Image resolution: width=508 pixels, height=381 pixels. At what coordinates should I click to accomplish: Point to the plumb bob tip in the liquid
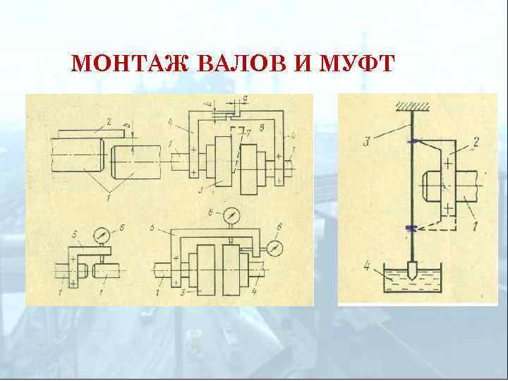[409, 271]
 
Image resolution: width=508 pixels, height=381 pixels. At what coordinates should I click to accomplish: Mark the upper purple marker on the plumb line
[410, 142]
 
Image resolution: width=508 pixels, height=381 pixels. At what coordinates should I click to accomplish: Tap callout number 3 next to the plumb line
[368, 143]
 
